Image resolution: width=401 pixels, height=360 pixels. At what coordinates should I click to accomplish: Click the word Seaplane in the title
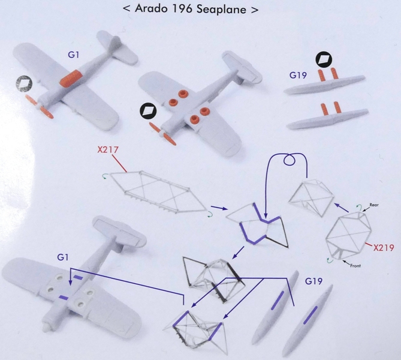click(221, 9)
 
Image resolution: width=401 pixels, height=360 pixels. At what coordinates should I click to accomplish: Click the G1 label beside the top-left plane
click(73, 55)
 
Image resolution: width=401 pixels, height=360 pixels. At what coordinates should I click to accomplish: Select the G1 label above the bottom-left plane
click(63, 257)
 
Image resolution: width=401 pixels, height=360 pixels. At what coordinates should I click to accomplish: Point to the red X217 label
click(108, 149)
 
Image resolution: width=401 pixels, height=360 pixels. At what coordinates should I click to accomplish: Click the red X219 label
click(384, 248)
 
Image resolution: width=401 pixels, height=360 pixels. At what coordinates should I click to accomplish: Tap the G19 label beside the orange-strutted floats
click(298, 75)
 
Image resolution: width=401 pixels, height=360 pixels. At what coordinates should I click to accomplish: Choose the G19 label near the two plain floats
click(313, 281)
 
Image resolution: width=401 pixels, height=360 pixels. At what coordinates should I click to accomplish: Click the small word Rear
click(374, 205)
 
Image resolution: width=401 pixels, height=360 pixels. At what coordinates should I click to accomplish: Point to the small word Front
click(355, 266)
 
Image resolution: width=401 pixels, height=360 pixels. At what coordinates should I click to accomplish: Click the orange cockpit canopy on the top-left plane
click(71, 78)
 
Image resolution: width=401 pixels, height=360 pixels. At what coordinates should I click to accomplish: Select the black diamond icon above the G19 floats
click(324, 59)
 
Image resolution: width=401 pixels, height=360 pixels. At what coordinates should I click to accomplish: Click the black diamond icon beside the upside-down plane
click(148, 110)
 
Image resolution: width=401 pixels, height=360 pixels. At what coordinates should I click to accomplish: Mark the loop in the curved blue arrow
click(290, 160)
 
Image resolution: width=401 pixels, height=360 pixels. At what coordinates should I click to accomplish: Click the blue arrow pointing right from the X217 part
click(219, 208)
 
